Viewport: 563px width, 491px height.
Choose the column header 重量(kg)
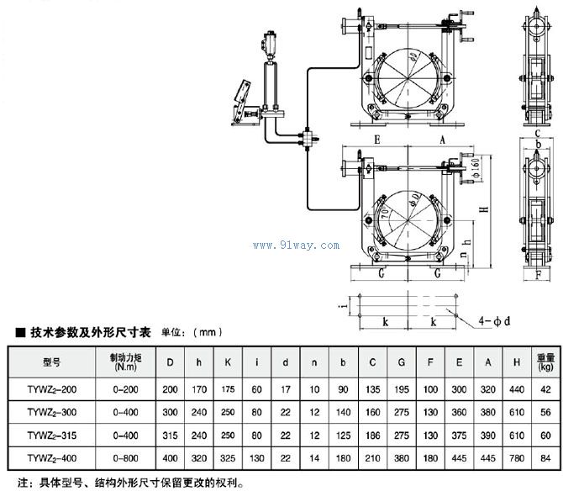click(x=545, y=362)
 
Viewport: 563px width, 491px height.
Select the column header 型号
click(x=50, y=362)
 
